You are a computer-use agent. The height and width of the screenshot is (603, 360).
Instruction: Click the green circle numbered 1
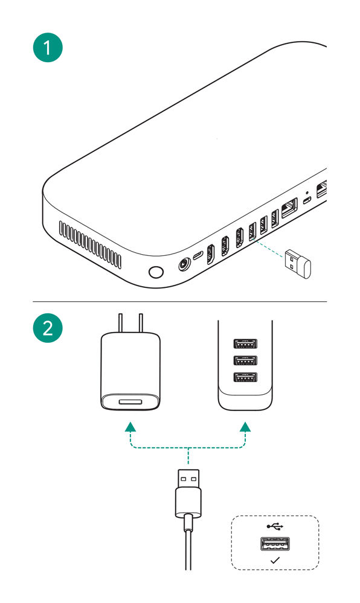tap(48, 48)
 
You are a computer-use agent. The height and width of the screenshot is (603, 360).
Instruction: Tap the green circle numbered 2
tap(48, 328)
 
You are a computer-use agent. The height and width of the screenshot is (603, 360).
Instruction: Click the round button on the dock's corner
tap(156, 272)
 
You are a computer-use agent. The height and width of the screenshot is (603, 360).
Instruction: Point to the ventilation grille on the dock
tap(90, 244)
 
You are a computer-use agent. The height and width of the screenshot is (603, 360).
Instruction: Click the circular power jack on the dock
tap(184, 265)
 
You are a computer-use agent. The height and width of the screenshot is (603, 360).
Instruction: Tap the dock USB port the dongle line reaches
tap(252, 232)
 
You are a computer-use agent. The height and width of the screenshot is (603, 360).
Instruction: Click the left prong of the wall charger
tap(121, 324)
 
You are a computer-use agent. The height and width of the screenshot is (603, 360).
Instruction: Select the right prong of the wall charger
tap(141, 324)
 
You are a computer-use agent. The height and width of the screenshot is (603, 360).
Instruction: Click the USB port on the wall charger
tap(130, 402)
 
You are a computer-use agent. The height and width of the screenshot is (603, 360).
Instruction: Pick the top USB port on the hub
tap(245, 343)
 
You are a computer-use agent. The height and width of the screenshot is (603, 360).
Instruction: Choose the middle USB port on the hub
tap(245, 360)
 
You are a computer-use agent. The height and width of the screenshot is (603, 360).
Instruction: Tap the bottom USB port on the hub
tap(245, 377)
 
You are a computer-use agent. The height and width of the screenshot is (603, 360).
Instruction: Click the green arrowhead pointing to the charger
tap(130, 427)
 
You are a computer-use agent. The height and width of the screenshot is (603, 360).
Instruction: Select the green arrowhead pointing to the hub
tap(245, 427)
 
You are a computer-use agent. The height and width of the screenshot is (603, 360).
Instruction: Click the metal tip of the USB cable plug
tap(188, 478)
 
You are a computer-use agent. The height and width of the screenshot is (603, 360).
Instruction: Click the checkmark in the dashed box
tap(275, 560)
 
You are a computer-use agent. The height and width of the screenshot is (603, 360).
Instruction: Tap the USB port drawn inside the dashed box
tap(275, 544)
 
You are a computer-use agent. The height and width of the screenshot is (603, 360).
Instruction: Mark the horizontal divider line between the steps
tap(180, 302)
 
